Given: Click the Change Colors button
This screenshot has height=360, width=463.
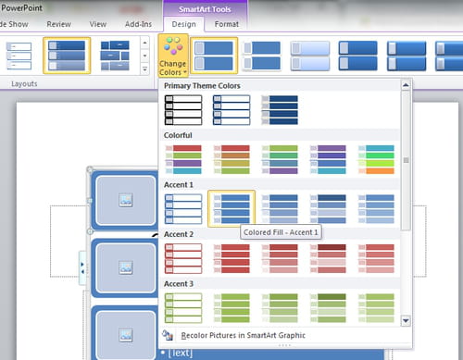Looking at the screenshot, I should click(x=171, y=57).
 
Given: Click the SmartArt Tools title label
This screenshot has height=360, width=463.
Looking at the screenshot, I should click(x=205, y=7).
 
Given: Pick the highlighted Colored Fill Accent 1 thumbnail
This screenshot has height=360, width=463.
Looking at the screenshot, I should click(x=231, y=207).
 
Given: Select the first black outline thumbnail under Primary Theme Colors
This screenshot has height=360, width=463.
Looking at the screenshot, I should click(x=181, y=110).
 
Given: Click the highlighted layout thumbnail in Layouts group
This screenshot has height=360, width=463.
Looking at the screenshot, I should click(x=67, y=56).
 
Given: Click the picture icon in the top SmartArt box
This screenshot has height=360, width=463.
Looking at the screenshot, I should click(x=122, y=200).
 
